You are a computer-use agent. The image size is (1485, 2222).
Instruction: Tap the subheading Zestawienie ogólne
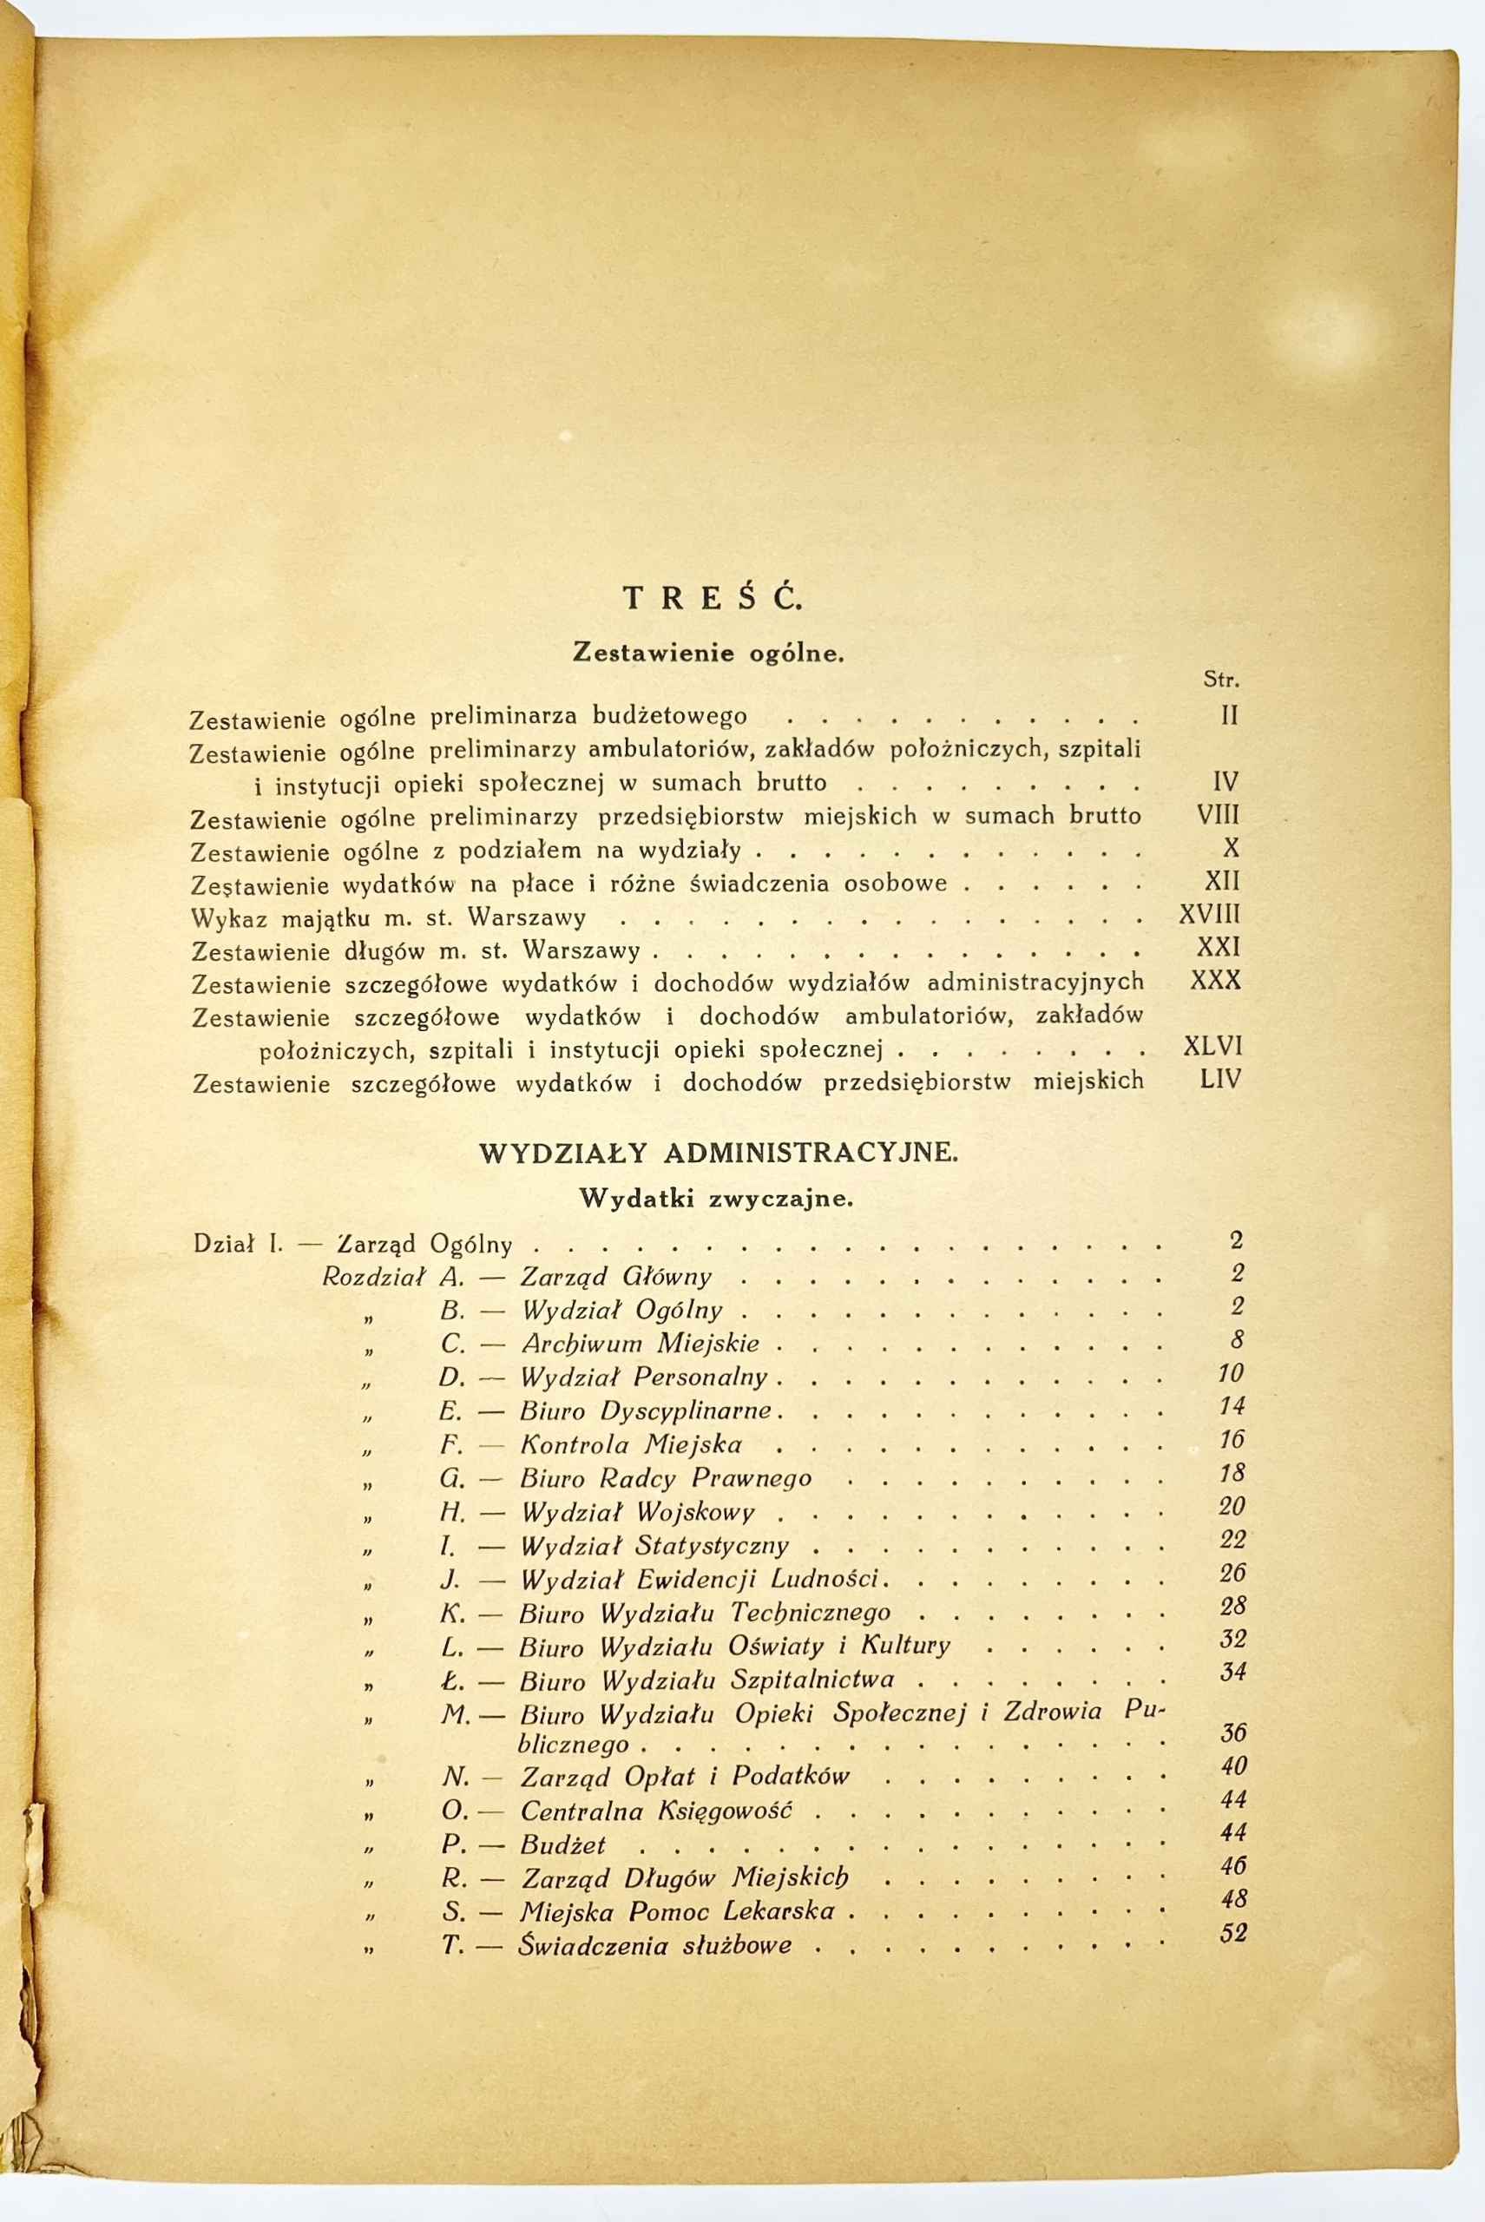(x=708, y=653)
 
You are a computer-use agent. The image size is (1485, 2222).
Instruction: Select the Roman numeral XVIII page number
(x=1209, y=915)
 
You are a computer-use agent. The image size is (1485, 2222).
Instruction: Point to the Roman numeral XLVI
(x=1212, y=1047)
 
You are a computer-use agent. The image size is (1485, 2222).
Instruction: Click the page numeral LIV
(x=1219, y=1079)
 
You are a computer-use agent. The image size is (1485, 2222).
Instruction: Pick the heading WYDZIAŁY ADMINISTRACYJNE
(x=718, y=1153)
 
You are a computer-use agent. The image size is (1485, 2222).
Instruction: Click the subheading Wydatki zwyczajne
(x=716, y=1198)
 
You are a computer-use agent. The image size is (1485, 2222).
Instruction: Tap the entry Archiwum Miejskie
(x=641, y=1343)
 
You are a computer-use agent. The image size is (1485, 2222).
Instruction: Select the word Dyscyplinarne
(x=687, y=1410)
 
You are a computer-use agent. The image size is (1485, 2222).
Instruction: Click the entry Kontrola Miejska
(x=631, y=1444)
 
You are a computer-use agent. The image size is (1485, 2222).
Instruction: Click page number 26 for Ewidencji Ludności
(x=1232, y=1574)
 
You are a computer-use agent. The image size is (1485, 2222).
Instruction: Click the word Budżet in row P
(x=562, y=1845)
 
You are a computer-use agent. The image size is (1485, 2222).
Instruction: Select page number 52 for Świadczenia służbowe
(x=1233, y=1933)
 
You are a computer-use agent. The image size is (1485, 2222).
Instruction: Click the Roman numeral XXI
(x=1219, y=947)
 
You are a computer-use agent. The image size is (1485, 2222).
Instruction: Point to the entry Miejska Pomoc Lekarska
(x=677, y=1911)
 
